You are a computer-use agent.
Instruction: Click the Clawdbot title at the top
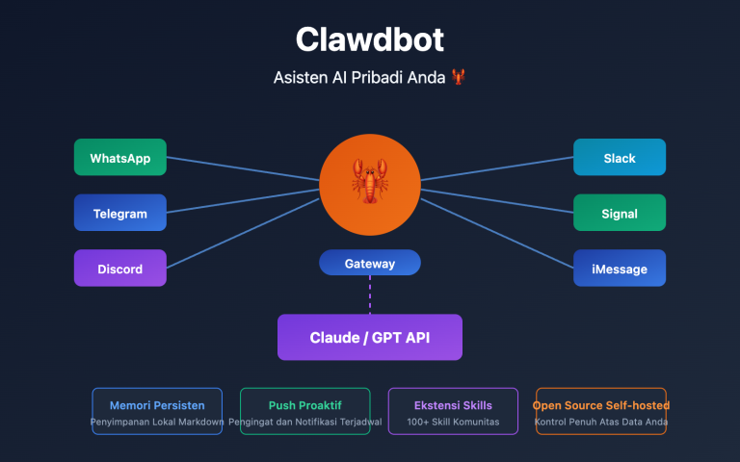pyautogui.click(x=370, y=39)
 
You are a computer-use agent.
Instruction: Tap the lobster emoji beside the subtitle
pyautogui.click(x=457, y=78)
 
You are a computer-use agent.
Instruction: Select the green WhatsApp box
pyautogui.click(x=119, y=158)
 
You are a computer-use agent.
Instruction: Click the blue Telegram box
pyautogui.click(x=119, y=213)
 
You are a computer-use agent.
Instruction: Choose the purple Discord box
pyautogui.click(x=119, y=269)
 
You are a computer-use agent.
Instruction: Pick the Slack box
pyautogui.click(x=620, y=158)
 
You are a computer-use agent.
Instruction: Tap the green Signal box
pyautogui.click(x=620, y=213)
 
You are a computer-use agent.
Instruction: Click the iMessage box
pyautogui.click(x=620, y=269)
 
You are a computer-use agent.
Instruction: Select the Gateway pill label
pyautogui.click(x=370, y=263)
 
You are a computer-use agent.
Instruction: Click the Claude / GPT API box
pyautogui.click(x=370, y=337)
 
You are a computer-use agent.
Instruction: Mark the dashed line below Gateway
pyautogui.click(x=370, y=295)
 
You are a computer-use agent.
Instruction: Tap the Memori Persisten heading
pyautogui.click(x=157, y=405)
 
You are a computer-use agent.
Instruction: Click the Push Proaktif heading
pyautogui.click(x=304, y=405)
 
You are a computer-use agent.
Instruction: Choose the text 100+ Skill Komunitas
pyautogui.click(x=453, y=422)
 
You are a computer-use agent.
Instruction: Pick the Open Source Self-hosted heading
pyautogui.click(x=600, y=405)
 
